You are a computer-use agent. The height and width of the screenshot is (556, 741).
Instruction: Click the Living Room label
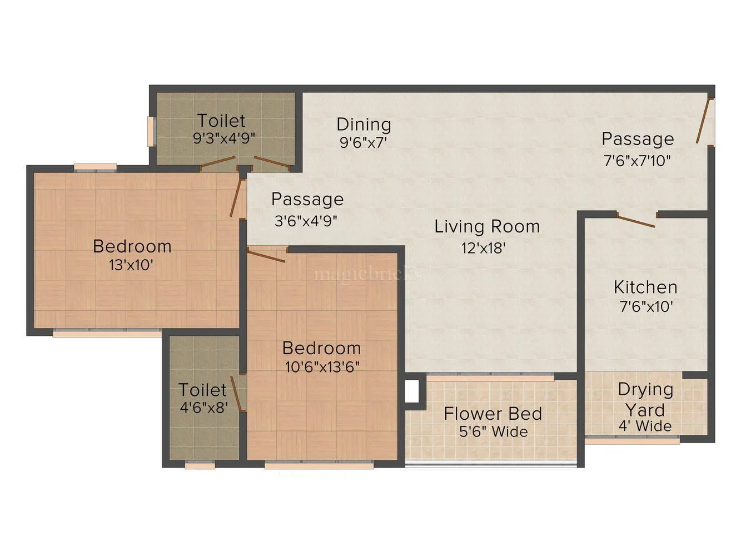487,227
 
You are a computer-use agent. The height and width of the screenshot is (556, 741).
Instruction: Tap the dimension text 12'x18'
483,248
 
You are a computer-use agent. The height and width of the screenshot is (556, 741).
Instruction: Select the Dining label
364,124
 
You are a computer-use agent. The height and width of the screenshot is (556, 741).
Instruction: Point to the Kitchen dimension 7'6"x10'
646,306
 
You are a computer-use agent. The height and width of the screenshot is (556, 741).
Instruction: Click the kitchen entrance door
636,221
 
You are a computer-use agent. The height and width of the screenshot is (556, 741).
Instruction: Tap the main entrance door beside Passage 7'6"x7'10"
704,120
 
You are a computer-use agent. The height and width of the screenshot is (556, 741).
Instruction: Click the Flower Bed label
493,414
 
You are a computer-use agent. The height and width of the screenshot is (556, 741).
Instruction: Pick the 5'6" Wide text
494,431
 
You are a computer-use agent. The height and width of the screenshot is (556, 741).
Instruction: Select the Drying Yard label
645,400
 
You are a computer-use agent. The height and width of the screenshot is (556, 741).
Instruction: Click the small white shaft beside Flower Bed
411,391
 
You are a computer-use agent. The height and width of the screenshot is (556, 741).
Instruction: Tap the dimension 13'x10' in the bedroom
131,265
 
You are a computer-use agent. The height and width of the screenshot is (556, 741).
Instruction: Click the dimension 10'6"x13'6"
322,367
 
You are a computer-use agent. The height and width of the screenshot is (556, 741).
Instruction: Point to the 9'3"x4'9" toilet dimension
223,138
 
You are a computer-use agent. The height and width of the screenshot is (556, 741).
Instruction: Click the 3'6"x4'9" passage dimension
305,221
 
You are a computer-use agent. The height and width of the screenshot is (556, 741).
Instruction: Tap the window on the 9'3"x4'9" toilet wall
150,131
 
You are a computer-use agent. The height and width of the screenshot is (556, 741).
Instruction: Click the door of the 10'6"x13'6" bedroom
266,256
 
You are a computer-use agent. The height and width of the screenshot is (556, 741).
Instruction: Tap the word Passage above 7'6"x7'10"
638,139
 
